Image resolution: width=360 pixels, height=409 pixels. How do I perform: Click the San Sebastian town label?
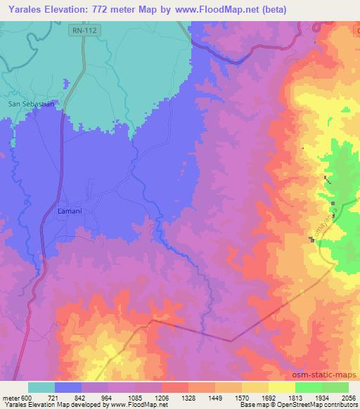click(x=30, y=104)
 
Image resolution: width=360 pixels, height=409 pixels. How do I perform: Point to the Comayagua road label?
click(x=318, y=218)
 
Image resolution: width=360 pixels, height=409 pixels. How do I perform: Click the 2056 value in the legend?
click(x=349, y=397)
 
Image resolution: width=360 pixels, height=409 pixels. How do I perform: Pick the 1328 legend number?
click(x=188, y=397)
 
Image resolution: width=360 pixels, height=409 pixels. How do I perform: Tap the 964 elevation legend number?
click(x=109, y=397)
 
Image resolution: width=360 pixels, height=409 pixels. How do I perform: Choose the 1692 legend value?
click(x=269, y=397)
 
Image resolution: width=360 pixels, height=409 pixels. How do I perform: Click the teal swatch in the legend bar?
click(x=41, y=387)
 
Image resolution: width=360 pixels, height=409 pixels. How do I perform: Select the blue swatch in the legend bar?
click(x=68, y=387)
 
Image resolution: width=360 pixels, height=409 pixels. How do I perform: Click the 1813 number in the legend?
click(x=295, y=397)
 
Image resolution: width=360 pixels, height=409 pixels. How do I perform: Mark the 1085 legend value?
click(x=135, y=397)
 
